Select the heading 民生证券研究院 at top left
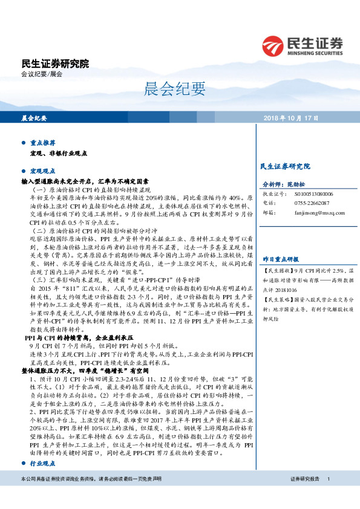(54, 63)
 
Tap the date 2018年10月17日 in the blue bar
(291, 118)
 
